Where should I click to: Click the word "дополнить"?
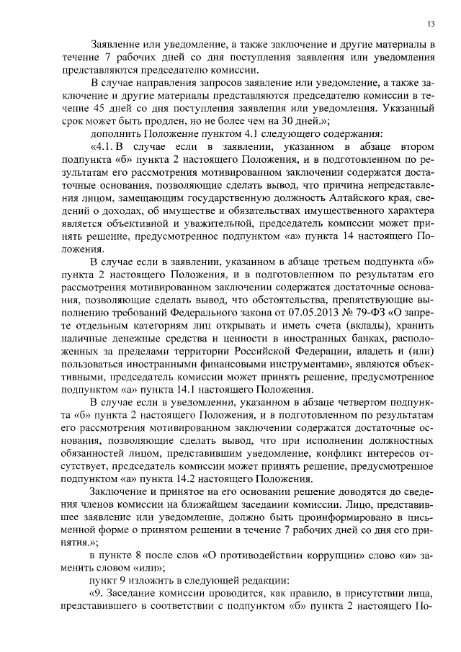(117, 134)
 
